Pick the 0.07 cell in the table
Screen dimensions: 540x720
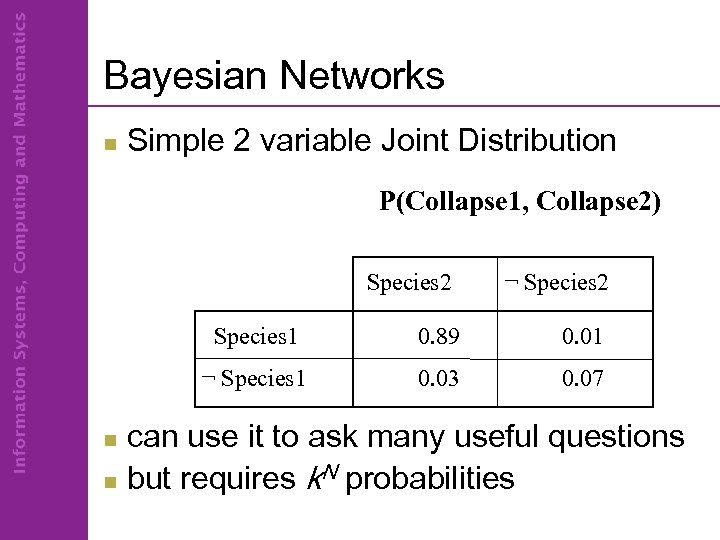(x=581, y=379)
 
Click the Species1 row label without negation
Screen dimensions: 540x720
(x=256, y=335)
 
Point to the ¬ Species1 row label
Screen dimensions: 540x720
(x=253, y=379)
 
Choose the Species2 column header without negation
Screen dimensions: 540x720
(x=409, y=283)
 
